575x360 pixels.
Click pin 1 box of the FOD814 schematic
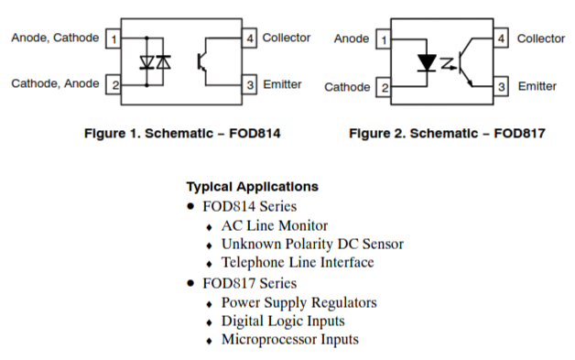[x=114, y=38]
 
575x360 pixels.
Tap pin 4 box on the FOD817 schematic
[x=501, y=38]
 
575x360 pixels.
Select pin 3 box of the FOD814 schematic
[x=249, y=85]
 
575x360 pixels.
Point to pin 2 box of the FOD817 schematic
[x=384, y=87]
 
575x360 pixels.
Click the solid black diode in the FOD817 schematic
[x=427, y=63]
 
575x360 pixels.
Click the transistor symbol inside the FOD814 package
[x=201, y=61]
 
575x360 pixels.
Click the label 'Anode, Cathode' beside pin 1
[x=55, y=38]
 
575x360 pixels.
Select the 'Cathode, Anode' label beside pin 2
[x=55, y=83]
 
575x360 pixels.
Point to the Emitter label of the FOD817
[x=537, y=86]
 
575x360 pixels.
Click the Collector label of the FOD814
[x=287, y=38]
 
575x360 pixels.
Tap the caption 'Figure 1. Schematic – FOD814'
[x=182, y=133]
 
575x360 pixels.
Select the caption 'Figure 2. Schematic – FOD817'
[x=447, y=133]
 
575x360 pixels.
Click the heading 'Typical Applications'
[x=253, y=187]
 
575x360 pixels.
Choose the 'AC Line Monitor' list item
[x=275, y=225]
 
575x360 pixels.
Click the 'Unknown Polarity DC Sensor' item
[x=312, y=244]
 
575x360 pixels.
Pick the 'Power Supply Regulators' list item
[x=298, y=303]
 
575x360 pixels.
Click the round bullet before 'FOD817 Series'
[x=190, y=283]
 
